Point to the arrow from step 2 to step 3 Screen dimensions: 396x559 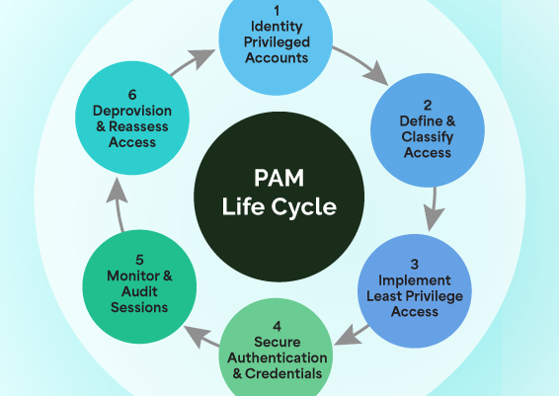point(433,212)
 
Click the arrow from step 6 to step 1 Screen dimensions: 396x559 point(192,58)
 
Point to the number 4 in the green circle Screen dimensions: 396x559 point(278,326)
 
